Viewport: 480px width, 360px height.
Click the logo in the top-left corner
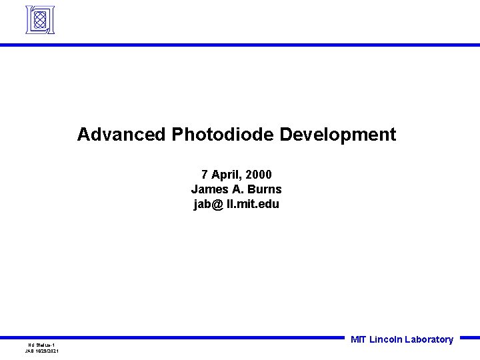pyautogui.click(x=40, y=20)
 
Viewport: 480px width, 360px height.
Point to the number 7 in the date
pyautogui.click(x=205, y=175)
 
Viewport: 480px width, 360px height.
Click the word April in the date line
pyautogui.click(x=226, y=175)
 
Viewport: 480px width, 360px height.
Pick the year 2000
pyautogui.click(x=259, y=175)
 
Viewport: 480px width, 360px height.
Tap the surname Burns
pyautogui.click(x=266, y=189)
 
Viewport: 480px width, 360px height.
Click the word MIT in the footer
pyautogui.click(x=358, y=339)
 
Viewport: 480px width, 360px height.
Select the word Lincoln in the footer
pyautogui.click(x=385, y=339)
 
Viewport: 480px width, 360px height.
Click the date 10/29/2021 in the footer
pyautogui.click(x=48, y=351)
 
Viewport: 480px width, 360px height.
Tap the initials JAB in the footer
pyautogui.click(x=29, y=351)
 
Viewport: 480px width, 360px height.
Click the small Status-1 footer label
pyautogui.click(x=45, y=344)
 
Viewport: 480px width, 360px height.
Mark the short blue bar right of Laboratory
pyautogui.click(x=469, y=337)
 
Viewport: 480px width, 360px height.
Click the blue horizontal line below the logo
pyautogui.click(x=240, y=45)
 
